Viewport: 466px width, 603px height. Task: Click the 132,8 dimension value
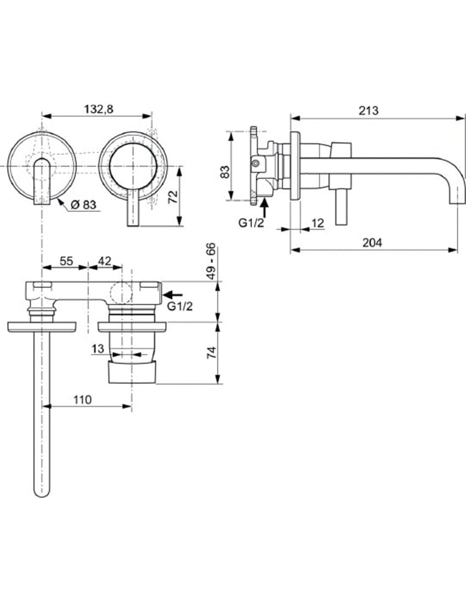[98, 109]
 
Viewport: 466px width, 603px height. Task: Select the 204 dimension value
[372, 243]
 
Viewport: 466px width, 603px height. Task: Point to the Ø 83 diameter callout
[83, 205]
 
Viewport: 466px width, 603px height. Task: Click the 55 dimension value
[66, 261]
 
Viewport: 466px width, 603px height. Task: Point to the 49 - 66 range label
[211, 261]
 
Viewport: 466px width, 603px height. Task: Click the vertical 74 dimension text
[211, 352]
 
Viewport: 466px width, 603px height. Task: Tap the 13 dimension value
[97, 349]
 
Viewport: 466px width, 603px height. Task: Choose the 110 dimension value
[82, 399]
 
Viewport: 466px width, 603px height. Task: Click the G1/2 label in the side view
[251, 223]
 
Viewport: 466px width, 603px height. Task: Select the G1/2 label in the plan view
[180, 306]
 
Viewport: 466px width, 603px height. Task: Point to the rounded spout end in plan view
[42, 492]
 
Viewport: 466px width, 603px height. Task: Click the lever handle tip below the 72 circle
[133, 223]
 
